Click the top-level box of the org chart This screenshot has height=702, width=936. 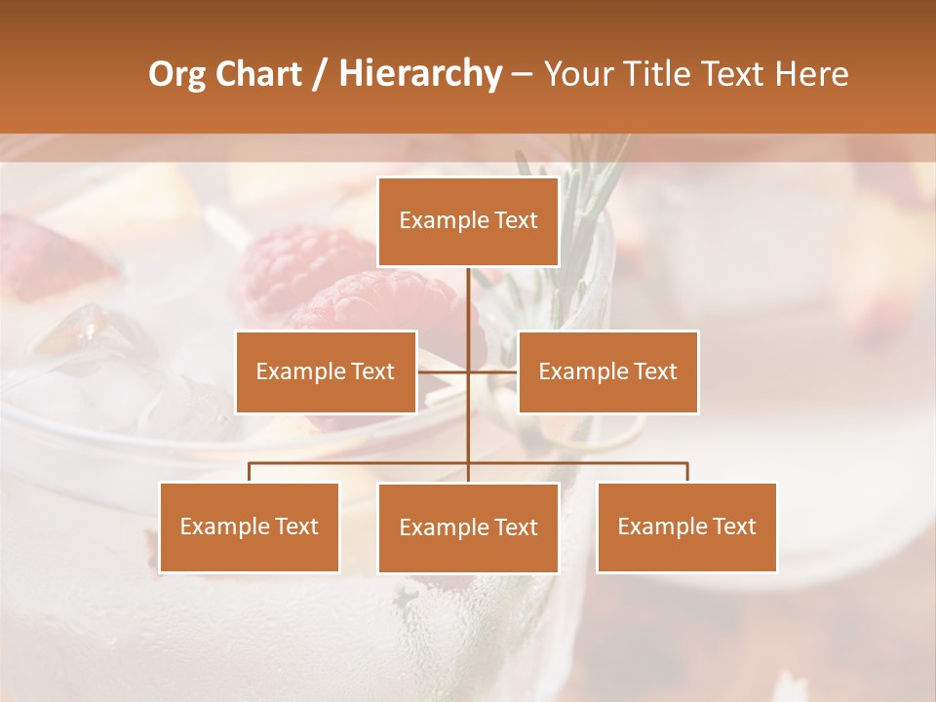468,221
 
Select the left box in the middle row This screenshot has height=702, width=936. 326,371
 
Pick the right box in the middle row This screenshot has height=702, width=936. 607,371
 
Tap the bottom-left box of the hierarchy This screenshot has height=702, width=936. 250,526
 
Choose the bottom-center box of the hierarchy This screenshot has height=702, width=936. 468,527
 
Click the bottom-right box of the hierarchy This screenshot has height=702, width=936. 686,526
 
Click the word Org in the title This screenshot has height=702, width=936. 176,74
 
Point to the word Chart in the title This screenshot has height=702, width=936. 258,74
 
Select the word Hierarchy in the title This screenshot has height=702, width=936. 419,74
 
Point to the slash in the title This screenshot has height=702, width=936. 320,74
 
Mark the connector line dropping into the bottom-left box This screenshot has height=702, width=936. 250,472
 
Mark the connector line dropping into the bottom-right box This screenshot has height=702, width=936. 686,472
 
